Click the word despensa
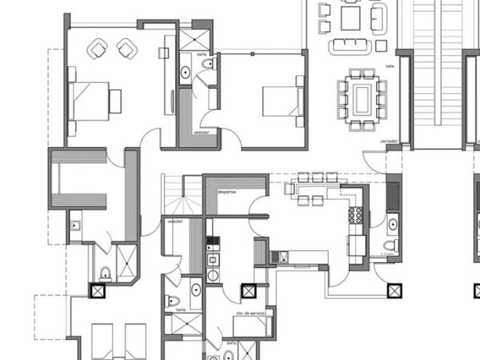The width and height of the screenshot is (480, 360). tap(227, 193)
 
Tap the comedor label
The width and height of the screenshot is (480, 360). tap(389, 141)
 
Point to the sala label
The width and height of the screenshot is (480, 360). tap(390, 66)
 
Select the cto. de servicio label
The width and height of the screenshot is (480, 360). tap(251, 314)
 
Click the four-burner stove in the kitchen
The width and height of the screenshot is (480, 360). tap(355, 214)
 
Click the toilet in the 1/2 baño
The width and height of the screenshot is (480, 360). tap(391, 246)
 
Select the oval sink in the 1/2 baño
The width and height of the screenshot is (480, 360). tap(393, 225)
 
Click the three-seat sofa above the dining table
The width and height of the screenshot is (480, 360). tap(350, 45)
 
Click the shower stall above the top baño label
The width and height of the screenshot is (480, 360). tap(195, 39)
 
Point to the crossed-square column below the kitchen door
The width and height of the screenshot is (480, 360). tap(394, 291)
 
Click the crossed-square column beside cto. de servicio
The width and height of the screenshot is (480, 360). tap(247, 291)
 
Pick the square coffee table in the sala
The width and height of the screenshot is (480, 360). tap(350, 18)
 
